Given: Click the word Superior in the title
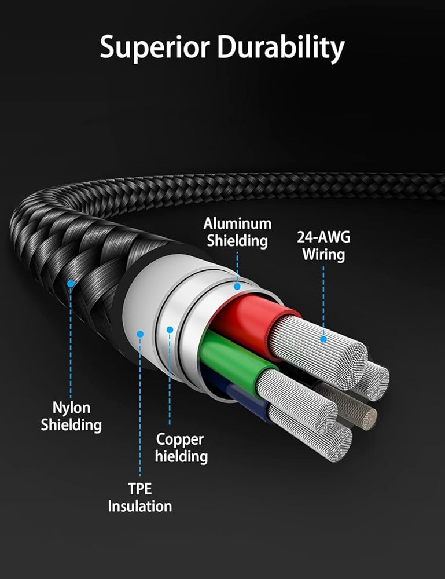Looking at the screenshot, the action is (155, 47).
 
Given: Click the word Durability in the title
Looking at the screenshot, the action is (281, 47).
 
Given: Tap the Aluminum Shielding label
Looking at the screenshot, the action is (238, 232).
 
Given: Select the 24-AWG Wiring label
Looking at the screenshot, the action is (323, 246).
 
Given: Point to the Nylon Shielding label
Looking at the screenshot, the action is (71, 416).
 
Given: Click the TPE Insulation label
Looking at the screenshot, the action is (140, 497).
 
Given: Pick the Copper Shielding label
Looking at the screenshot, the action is (181, 448).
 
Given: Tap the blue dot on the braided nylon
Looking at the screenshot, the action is (71, 284).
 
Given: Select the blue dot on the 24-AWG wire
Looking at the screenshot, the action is (323, 339).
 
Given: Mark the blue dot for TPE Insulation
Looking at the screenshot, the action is (140, 334).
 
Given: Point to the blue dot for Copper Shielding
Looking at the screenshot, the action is (170, 329).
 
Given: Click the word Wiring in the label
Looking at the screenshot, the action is (323, 255).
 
